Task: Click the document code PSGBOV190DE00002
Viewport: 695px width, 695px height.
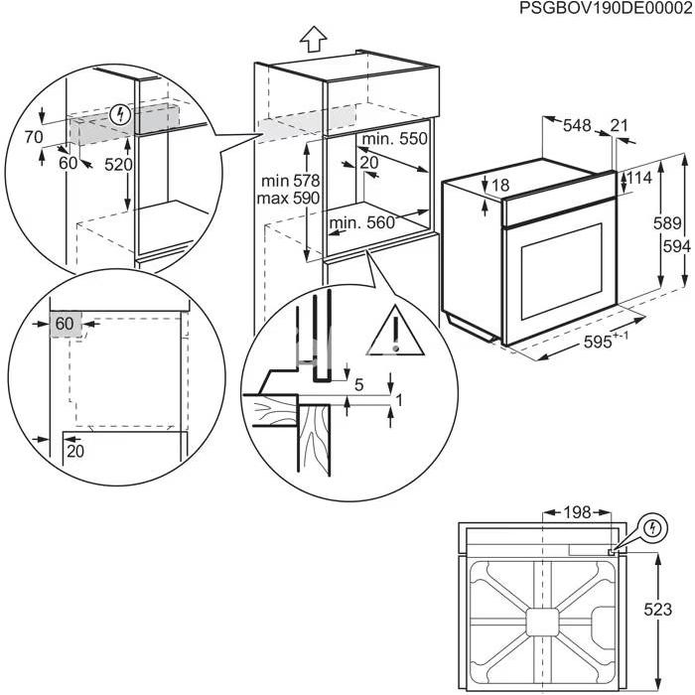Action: [606, 8]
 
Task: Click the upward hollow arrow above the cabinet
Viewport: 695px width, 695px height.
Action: [314, 39]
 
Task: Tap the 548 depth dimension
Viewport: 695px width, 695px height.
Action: [577, 125]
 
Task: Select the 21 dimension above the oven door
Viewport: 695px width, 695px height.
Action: [620, 125]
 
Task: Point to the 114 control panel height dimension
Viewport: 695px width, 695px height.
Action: [639, 178]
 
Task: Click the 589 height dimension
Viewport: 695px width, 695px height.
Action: [667, 223]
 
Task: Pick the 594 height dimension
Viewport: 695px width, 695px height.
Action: [676, 246]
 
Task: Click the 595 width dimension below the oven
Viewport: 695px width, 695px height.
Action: [606, 341]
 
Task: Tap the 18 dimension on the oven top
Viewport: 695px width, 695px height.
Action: [500, 186]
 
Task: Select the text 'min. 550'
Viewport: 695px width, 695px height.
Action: [394, 139]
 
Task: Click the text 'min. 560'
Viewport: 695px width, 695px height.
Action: [361, 222]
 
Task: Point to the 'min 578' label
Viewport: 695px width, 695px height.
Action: [290, 181]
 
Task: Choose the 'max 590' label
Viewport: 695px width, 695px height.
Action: [288, 198]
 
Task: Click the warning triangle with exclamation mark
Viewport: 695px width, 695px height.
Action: [396, 331]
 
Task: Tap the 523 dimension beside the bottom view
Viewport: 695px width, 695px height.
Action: [657, 610]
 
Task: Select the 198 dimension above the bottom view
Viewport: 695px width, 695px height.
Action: [577, 512]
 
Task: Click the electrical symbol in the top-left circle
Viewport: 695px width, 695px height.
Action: [120, 115]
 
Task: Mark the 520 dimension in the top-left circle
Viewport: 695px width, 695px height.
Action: [118, 165]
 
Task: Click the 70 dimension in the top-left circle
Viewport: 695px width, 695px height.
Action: [33, 137]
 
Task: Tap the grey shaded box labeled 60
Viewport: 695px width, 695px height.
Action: [66, 324]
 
